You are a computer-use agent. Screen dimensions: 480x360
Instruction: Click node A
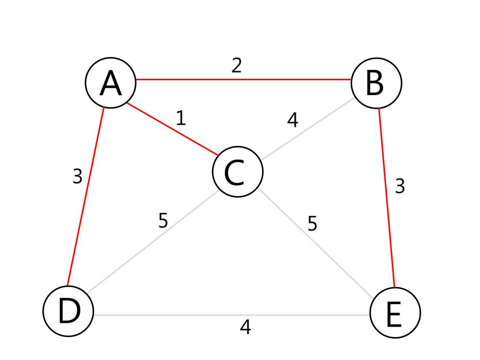110,83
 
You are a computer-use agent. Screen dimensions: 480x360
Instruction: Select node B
376,83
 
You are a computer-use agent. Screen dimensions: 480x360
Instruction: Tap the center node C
238,171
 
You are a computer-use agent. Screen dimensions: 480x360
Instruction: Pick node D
68,311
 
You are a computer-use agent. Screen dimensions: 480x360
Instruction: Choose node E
395,312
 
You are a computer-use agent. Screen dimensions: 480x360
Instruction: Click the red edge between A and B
243,80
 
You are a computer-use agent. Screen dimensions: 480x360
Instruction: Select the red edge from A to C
173,129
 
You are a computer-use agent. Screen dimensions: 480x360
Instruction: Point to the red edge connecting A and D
85,196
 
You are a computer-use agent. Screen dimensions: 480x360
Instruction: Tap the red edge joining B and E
386,198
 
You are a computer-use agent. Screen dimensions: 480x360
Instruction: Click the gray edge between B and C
307,129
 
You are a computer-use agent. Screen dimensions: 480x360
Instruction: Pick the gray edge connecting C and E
316,243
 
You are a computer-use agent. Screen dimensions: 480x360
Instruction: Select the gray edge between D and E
232,315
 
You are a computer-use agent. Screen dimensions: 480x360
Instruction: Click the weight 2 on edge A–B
237,65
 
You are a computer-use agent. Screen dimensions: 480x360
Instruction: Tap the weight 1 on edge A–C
181,118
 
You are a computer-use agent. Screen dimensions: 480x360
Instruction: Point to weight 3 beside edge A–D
77,176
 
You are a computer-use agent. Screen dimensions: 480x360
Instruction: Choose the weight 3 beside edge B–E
400,186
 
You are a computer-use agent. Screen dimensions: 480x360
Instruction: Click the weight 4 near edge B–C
293,120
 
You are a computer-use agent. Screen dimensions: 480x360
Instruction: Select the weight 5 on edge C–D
163,220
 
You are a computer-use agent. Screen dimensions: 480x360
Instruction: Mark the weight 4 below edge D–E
245,327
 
